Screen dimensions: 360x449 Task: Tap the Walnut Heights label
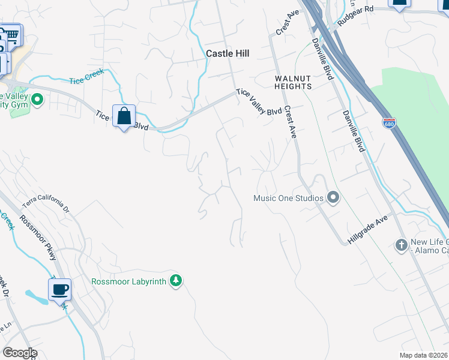293,82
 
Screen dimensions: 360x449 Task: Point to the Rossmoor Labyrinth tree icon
176,280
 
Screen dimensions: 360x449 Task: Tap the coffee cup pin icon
59,290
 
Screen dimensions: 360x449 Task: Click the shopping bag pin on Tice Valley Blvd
124,116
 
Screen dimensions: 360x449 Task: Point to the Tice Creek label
86,76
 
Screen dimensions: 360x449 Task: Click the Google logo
20,353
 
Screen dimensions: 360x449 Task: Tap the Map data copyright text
424,355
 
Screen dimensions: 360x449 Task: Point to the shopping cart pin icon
13,34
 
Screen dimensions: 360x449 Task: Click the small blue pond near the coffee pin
34,296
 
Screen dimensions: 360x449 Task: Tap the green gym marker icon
37,99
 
